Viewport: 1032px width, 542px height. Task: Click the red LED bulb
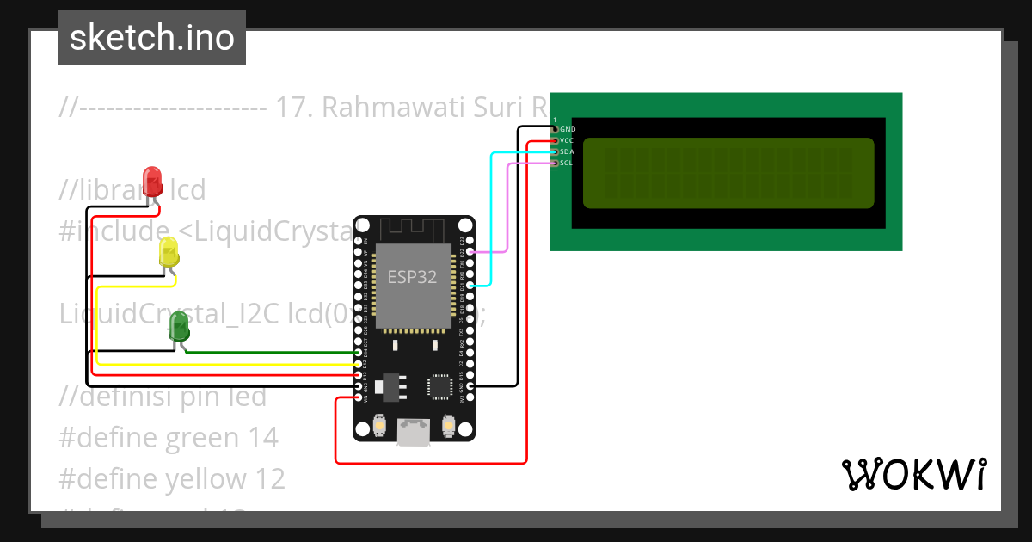click(x=152, y=181)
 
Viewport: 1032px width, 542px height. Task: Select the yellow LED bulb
click(x=169, y=253)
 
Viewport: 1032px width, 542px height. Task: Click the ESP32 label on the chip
click(x=411, y=277)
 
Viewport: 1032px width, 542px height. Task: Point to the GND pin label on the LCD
click(x=568, y=129)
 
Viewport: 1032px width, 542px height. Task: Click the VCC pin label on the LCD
click(x=566, y=140)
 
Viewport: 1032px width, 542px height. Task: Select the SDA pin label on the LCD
click(x=566, y=151)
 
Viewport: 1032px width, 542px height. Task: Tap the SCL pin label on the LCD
click(x=566, y=163)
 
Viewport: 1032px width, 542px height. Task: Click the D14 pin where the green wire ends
click(x=359, y=353)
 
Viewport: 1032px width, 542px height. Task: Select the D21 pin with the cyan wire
click(x=470, y=284)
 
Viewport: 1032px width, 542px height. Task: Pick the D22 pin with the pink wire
click(x=470, y=251)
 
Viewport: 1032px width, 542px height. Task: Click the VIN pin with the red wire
click(x=359, y=397)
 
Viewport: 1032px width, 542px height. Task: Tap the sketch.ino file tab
click(x=152, y=38)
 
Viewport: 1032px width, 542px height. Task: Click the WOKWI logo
click(x=913, y=474)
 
